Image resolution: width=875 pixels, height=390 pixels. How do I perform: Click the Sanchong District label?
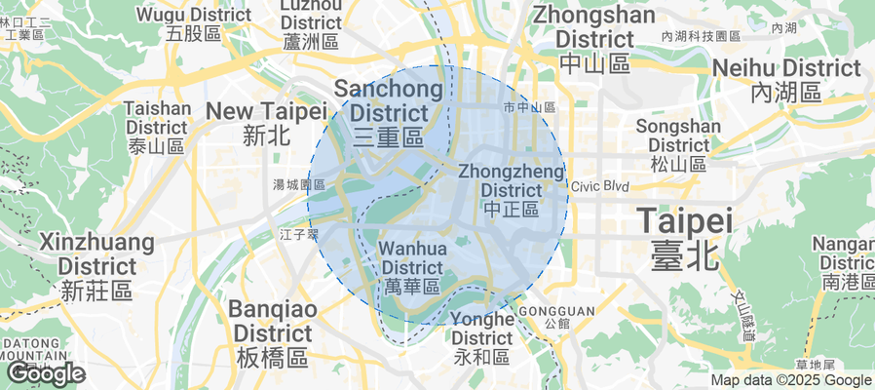389,112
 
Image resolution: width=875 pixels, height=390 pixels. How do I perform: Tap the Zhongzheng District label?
511,189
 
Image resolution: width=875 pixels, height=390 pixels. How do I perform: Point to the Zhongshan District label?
595,39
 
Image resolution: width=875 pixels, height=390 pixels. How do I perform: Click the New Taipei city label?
265,122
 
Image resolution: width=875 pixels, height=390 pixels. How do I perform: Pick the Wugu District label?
193,24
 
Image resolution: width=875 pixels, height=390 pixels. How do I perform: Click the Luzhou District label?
310,22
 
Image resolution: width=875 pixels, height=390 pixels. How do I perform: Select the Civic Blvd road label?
601,186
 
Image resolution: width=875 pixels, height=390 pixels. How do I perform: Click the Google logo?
45,372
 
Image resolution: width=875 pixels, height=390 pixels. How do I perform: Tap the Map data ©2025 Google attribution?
790,380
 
